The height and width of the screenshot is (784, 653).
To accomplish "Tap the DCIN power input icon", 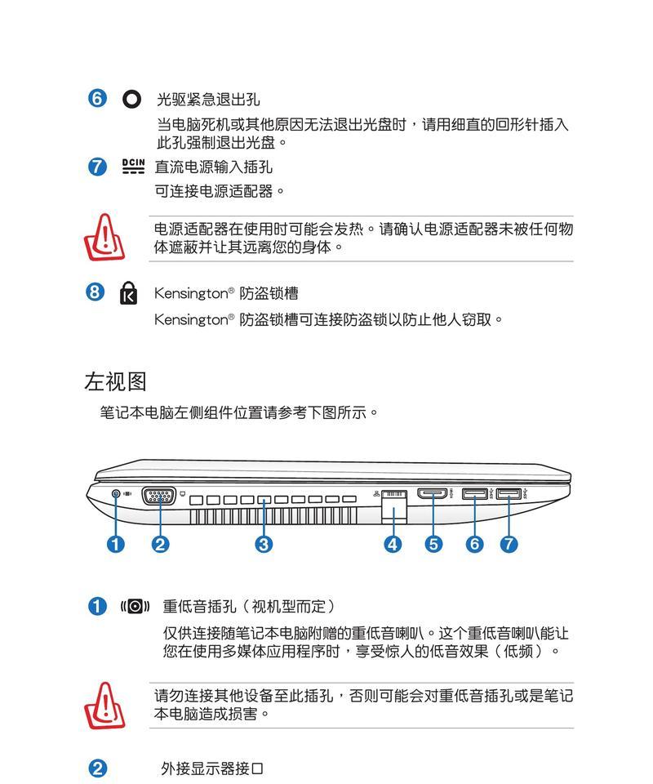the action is pos(133,166).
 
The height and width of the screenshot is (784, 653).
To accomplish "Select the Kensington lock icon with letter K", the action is pos(128,293).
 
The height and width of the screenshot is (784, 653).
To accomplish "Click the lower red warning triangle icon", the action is pos(104,706).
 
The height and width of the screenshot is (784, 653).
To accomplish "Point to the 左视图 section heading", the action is pos(115,381).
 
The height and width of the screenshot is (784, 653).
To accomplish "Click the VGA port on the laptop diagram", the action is pos(159,497).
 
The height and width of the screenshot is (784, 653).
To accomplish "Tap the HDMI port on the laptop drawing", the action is pos(433,494).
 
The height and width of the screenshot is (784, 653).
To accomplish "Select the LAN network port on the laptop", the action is pos(394,506).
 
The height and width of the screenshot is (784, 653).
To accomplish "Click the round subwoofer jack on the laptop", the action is pos(116,494).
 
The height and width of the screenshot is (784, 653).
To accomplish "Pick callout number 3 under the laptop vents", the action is pos(264,544).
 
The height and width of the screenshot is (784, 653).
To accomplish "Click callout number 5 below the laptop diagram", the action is pos(433,544).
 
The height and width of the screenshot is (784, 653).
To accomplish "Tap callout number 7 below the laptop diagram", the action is pos(509,544).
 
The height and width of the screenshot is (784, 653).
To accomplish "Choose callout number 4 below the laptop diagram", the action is pos(393,544).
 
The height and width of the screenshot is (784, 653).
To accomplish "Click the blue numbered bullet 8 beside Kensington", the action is pos(95,292).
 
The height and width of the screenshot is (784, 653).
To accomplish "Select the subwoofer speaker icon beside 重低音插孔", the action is pos(135,607).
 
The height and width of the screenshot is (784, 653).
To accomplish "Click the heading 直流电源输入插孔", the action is pos(214,167).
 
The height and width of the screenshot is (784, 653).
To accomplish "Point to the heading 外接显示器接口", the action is pos(212,768).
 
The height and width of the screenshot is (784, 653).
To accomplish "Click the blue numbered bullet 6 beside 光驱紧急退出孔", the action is pos(97,99).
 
